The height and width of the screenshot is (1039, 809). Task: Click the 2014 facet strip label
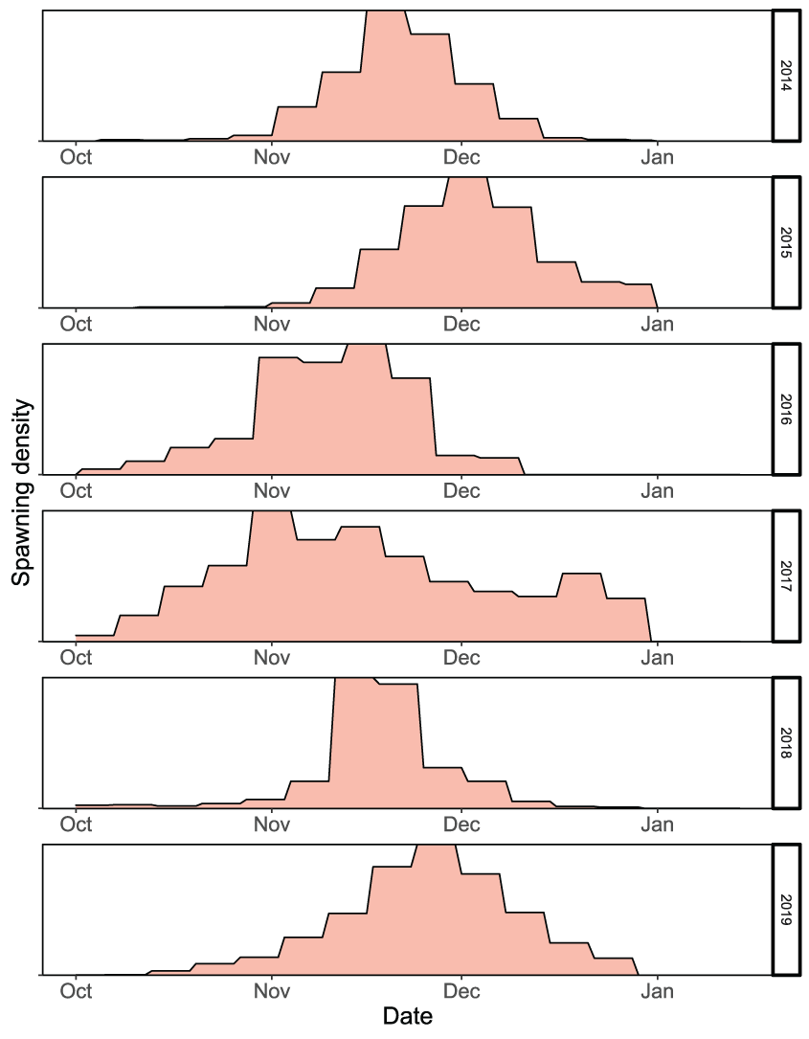point(785,76)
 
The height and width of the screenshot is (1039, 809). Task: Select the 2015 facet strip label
point(785,242)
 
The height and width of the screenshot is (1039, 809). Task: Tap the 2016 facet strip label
point(785,409)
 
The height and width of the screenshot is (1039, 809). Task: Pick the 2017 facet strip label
point(785,576)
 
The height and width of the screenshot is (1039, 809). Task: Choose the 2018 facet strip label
point(785,742)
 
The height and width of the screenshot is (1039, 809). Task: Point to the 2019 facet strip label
point(785,909)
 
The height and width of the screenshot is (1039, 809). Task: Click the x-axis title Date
point(407,1016)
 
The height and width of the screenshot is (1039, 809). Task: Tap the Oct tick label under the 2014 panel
point(76,157)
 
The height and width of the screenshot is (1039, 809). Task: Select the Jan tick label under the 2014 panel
point(657,157)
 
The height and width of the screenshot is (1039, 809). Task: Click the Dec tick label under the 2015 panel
point(461,324)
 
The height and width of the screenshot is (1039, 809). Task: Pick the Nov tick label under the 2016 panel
point(272,490)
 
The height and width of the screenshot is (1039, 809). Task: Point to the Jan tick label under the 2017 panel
point(657,657)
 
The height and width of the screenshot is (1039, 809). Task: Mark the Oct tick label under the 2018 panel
point(76,824)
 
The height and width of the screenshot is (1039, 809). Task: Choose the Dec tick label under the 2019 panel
point(461,990)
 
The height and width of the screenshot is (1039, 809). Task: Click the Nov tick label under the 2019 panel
point(272,990)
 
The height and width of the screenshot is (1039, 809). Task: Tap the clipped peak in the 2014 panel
point(387,13)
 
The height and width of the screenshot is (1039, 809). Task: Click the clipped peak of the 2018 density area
point(353,681)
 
